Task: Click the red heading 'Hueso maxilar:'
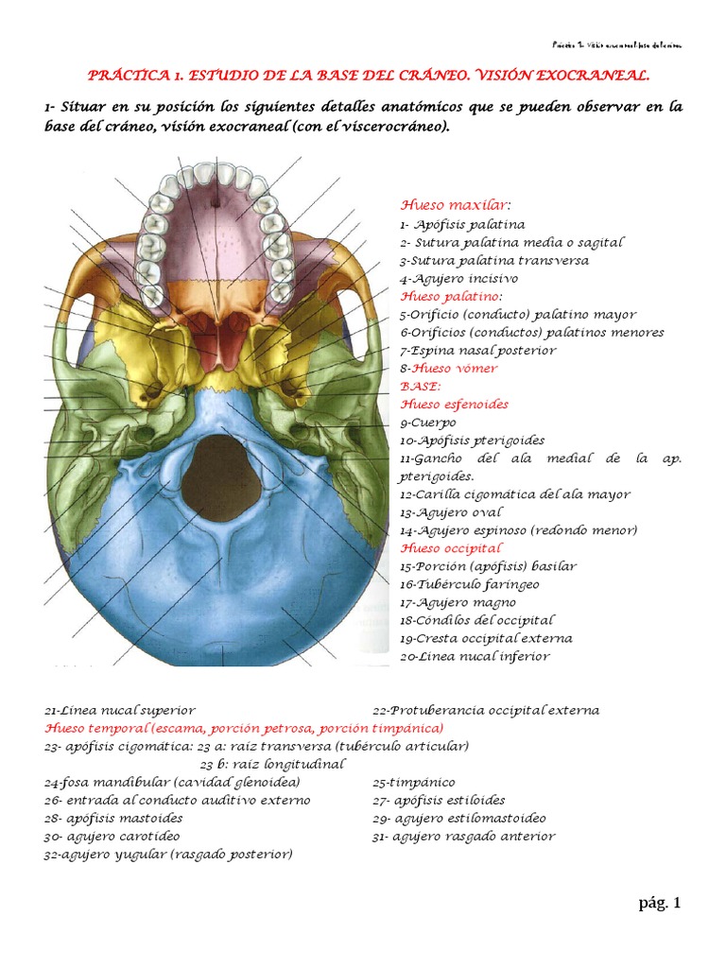(x=456, y=205)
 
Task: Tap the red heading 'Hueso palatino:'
(x=451, y=296)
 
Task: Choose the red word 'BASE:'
(x=420, y=386)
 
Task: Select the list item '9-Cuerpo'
(x=427, y=422)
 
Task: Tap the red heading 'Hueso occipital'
(x=451, y=547)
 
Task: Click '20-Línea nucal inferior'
(x=474, y=656)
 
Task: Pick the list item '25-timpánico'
(x=414, y=783)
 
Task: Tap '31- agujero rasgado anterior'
(x=464, y=836)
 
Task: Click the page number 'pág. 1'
(x=659, y=904)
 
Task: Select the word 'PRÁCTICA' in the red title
(x=126, y=75)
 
